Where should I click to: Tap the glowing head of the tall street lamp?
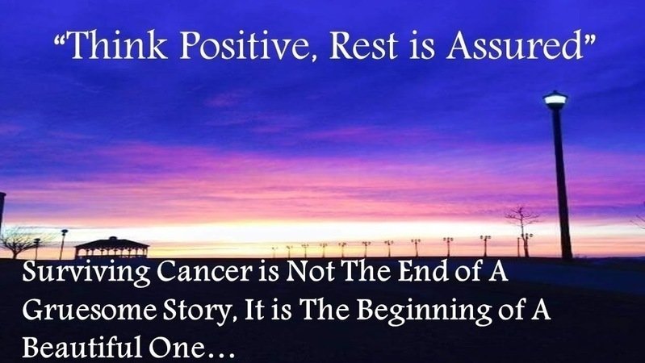(x=555, y=100)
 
